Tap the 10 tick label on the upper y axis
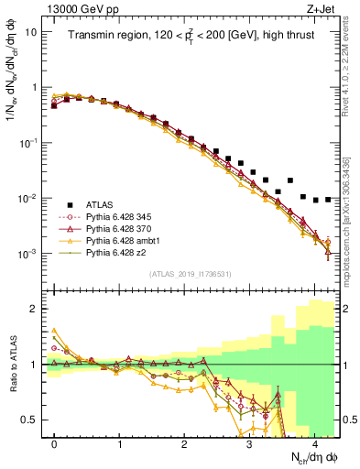(31, 32)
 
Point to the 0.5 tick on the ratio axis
(30, 420)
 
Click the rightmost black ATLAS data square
(328, 200)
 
